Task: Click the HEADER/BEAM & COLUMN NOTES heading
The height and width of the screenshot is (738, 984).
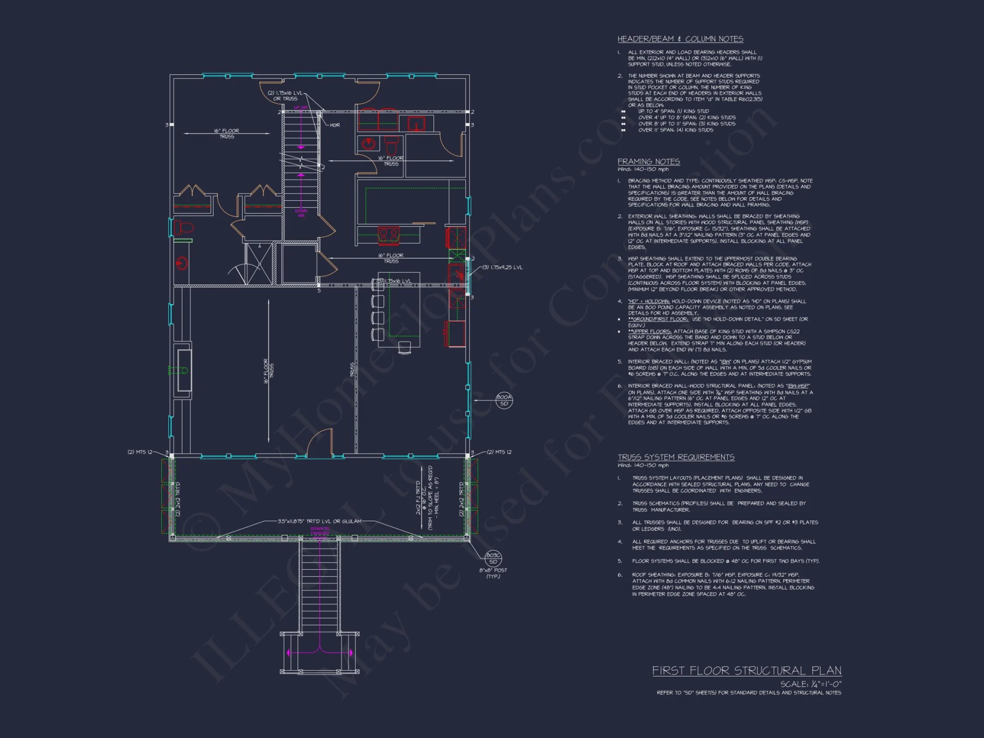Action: coord(680,39)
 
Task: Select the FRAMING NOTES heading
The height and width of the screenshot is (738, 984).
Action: coord(648,161)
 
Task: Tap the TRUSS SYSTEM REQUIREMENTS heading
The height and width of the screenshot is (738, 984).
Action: coord(676,457)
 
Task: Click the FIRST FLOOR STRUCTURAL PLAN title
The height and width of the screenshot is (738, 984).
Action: coord(746,671)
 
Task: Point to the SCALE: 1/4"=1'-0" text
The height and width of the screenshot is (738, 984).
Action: coord(810,684)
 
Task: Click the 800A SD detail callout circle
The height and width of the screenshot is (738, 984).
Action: coord(504,400)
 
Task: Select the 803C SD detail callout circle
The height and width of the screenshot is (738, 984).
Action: coord(493,558)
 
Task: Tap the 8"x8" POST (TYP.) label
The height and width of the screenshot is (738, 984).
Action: coord(493,573)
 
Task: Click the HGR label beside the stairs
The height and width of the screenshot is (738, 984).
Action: coord(335,125)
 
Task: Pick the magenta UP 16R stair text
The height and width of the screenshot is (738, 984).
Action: coord(301,107)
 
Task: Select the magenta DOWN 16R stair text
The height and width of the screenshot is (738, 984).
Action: coord(301,213)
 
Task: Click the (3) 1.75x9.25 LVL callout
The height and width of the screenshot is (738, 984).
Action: coord(502,268)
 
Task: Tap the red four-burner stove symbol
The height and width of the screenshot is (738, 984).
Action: coord(389,236)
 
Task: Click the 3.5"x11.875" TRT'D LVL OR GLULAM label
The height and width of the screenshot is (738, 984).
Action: coord(319,521)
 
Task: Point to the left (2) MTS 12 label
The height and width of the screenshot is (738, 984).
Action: coord(140,452)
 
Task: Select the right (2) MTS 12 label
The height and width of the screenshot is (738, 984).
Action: coord(499,452)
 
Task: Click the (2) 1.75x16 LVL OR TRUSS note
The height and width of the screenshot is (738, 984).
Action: coord(285,95)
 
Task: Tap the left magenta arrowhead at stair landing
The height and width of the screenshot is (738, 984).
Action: coord(289,653)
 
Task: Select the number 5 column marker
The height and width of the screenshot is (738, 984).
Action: coord(319,290)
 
